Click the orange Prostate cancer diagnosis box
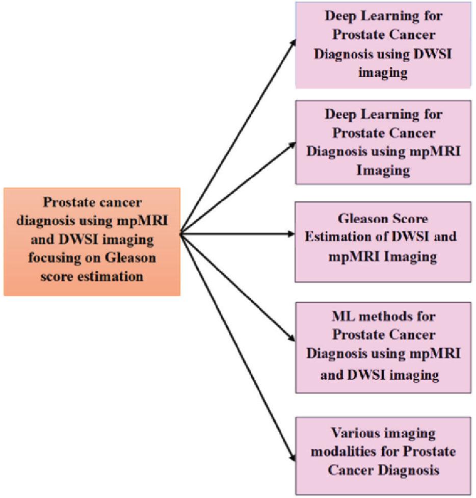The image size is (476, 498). coord(92,242)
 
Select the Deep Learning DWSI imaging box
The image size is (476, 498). coord(383,44)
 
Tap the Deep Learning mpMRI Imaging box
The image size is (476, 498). coord(383,142)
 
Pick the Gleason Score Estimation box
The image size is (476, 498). coord(383,242)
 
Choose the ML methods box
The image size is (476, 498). coord(383,347)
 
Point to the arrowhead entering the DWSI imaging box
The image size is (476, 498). coord(292,41)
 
